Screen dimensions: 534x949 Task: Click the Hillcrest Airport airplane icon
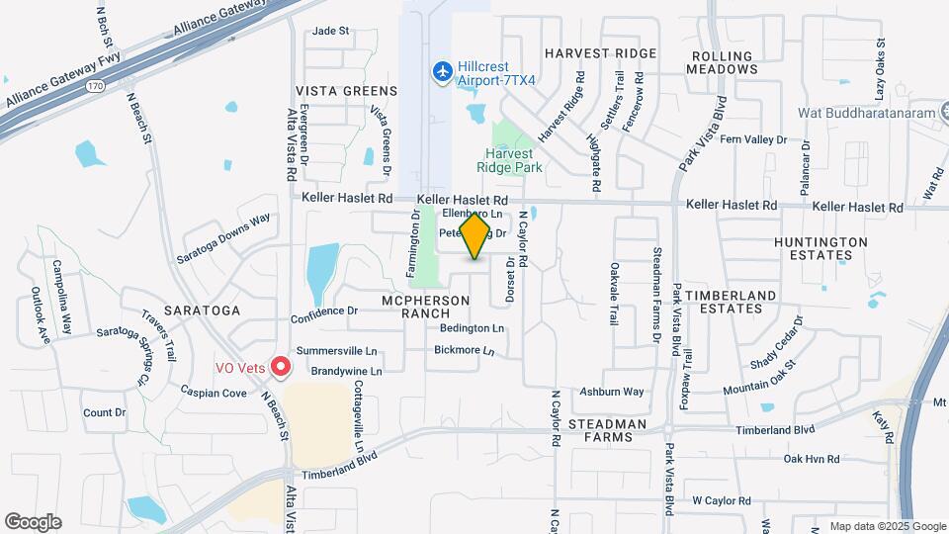(442, 71)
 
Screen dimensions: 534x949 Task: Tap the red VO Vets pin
(280, 367)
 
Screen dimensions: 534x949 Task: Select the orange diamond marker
(475, 236)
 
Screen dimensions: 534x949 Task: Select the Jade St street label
(331, 31)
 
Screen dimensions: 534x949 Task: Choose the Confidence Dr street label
(323, 311)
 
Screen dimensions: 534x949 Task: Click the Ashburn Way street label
(612, 393)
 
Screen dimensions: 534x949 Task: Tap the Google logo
(33, 522)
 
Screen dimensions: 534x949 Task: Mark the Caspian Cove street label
(214, 393)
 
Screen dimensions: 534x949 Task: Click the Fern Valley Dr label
(753, 140)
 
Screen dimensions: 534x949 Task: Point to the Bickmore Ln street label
(464, 350)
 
